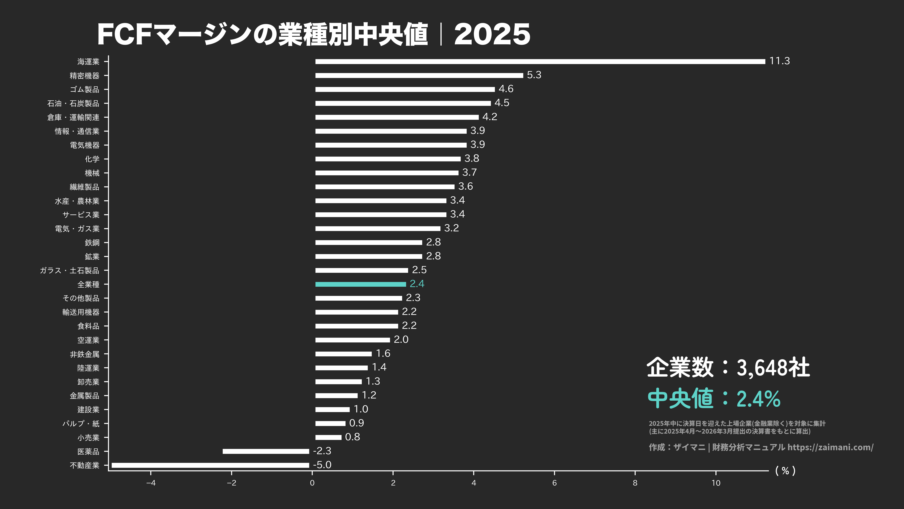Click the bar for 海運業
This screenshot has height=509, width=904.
point(540,61)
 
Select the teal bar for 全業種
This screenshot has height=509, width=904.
point(360,284)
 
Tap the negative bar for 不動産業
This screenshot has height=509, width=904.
point(210,465)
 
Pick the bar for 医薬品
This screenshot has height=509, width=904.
point(266,451)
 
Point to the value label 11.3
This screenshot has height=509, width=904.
point(779,61)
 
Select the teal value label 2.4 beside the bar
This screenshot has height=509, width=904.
point(417,284)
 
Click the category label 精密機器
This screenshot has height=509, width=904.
point(85,75)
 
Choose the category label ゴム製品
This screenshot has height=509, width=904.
point(85,90)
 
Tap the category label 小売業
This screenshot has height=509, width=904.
point(88,437)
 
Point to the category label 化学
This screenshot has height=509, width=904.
point(92,159)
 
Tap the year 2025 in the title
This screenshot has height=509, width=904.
point(492,34)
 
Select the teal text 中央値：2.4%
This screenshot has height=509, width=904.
point(714,398)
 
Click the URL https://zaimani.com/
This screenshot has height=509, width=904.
point(830,447)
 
